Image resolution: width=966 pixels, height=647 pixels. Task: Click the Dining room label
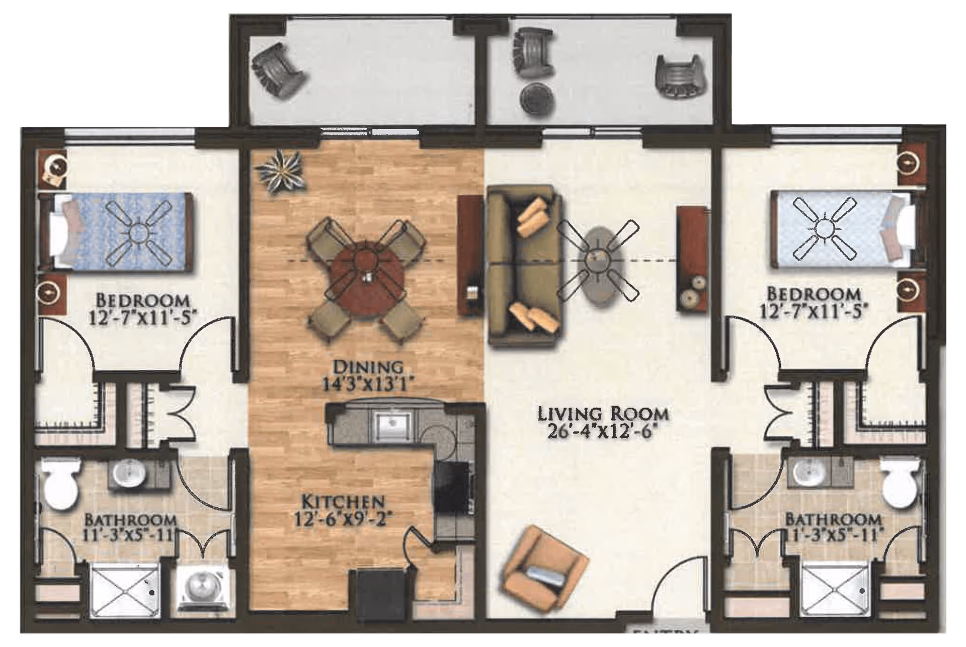pos(369,366)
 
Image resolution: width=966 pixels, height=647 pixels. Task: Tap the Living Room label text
pos(603,414)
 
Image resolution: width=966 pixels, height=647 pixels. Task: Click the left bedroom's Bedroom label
pos(143,301)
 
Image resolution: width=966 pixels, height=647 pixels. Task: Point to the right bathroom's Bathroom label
pos(833,519)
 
